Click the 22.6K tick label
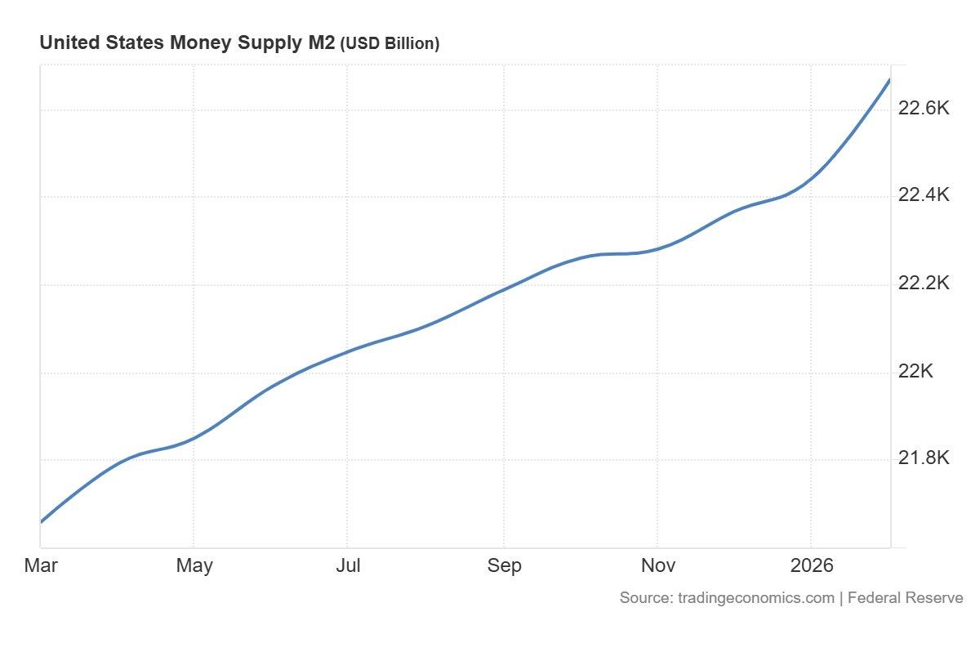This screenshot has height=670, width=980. tap(924, 108)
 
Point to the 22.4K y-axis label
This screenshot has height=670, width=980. tap(924, 195)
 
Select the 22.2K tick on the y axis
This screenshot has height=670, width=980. tap(924, 284)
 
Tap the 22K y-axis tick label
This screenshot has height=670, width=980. tap(915, 372)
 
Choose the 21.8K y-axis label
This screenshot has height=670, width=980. tap(924, 458)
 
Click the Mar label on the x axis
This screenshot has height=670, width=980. tap(41, 565)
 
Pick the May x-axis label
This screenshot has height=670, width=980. tap(194, 565)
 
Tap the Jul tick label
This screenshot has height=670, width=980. tap(348, 565)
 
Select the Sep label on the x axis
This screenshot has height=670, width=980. tap(504, 565)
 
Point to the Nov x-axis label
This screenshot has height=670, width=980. tap(657, 565)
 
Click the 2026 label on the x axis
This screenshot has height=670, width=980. tap(812, 565)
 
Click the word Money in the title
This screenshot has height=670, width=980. tap(198, 43)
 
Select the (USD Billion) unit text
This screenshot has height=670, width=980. tap(390, 44)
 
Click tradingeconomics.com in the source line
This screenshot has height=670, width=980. tap(755, 598)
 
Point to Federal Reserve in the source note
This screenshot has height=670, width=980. tap(905, 598)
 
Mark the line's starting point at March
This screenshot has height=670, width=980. tap(42, 521)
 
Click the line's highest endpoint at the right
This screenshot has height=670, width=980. tap(889, 79)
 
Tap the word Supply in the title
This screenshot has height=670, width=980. tap(262, 44)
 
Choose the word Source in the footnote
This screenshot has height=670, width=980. tap(644, 598)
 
